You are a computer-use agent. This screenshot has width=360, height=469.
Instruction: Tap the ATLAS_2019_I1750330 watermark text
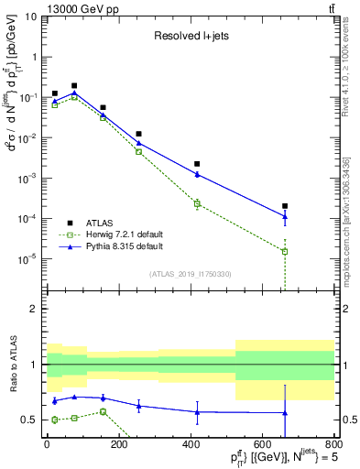[191, 274]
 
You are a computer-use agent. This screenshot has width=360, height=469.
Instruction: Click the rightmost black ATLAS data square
[285, 206]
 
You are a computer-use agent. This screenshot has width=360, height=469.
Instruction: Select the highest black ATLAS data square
[74, 86]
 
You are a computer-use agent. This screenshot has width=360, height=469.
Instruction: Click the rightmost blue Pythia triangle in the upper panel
[285, 216]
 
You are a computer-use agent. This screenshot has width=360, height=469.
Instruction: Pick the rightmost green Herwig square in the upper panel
[285, 251]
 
